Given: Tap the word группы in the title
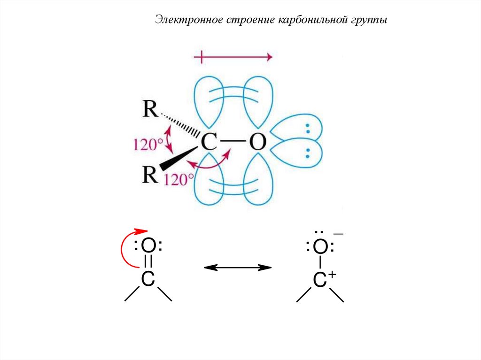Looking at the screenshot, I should pos(368,21).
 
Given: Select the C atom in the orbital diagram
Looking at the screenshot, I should pos(209,142).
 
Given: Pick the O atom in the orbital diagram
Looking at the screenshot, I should pos(257,142).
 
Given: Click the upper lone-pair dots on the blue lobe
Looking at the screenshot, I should pos(309,128).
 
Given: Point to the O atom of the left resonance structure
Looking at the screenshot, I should pos(148,245).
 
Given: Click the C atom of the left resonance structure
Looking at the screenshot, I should pos(148,279).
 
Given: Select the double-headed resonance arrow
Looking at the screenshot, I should pos(237,268).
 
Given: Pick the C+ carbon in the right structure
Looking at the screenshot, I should pos(320,280).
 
